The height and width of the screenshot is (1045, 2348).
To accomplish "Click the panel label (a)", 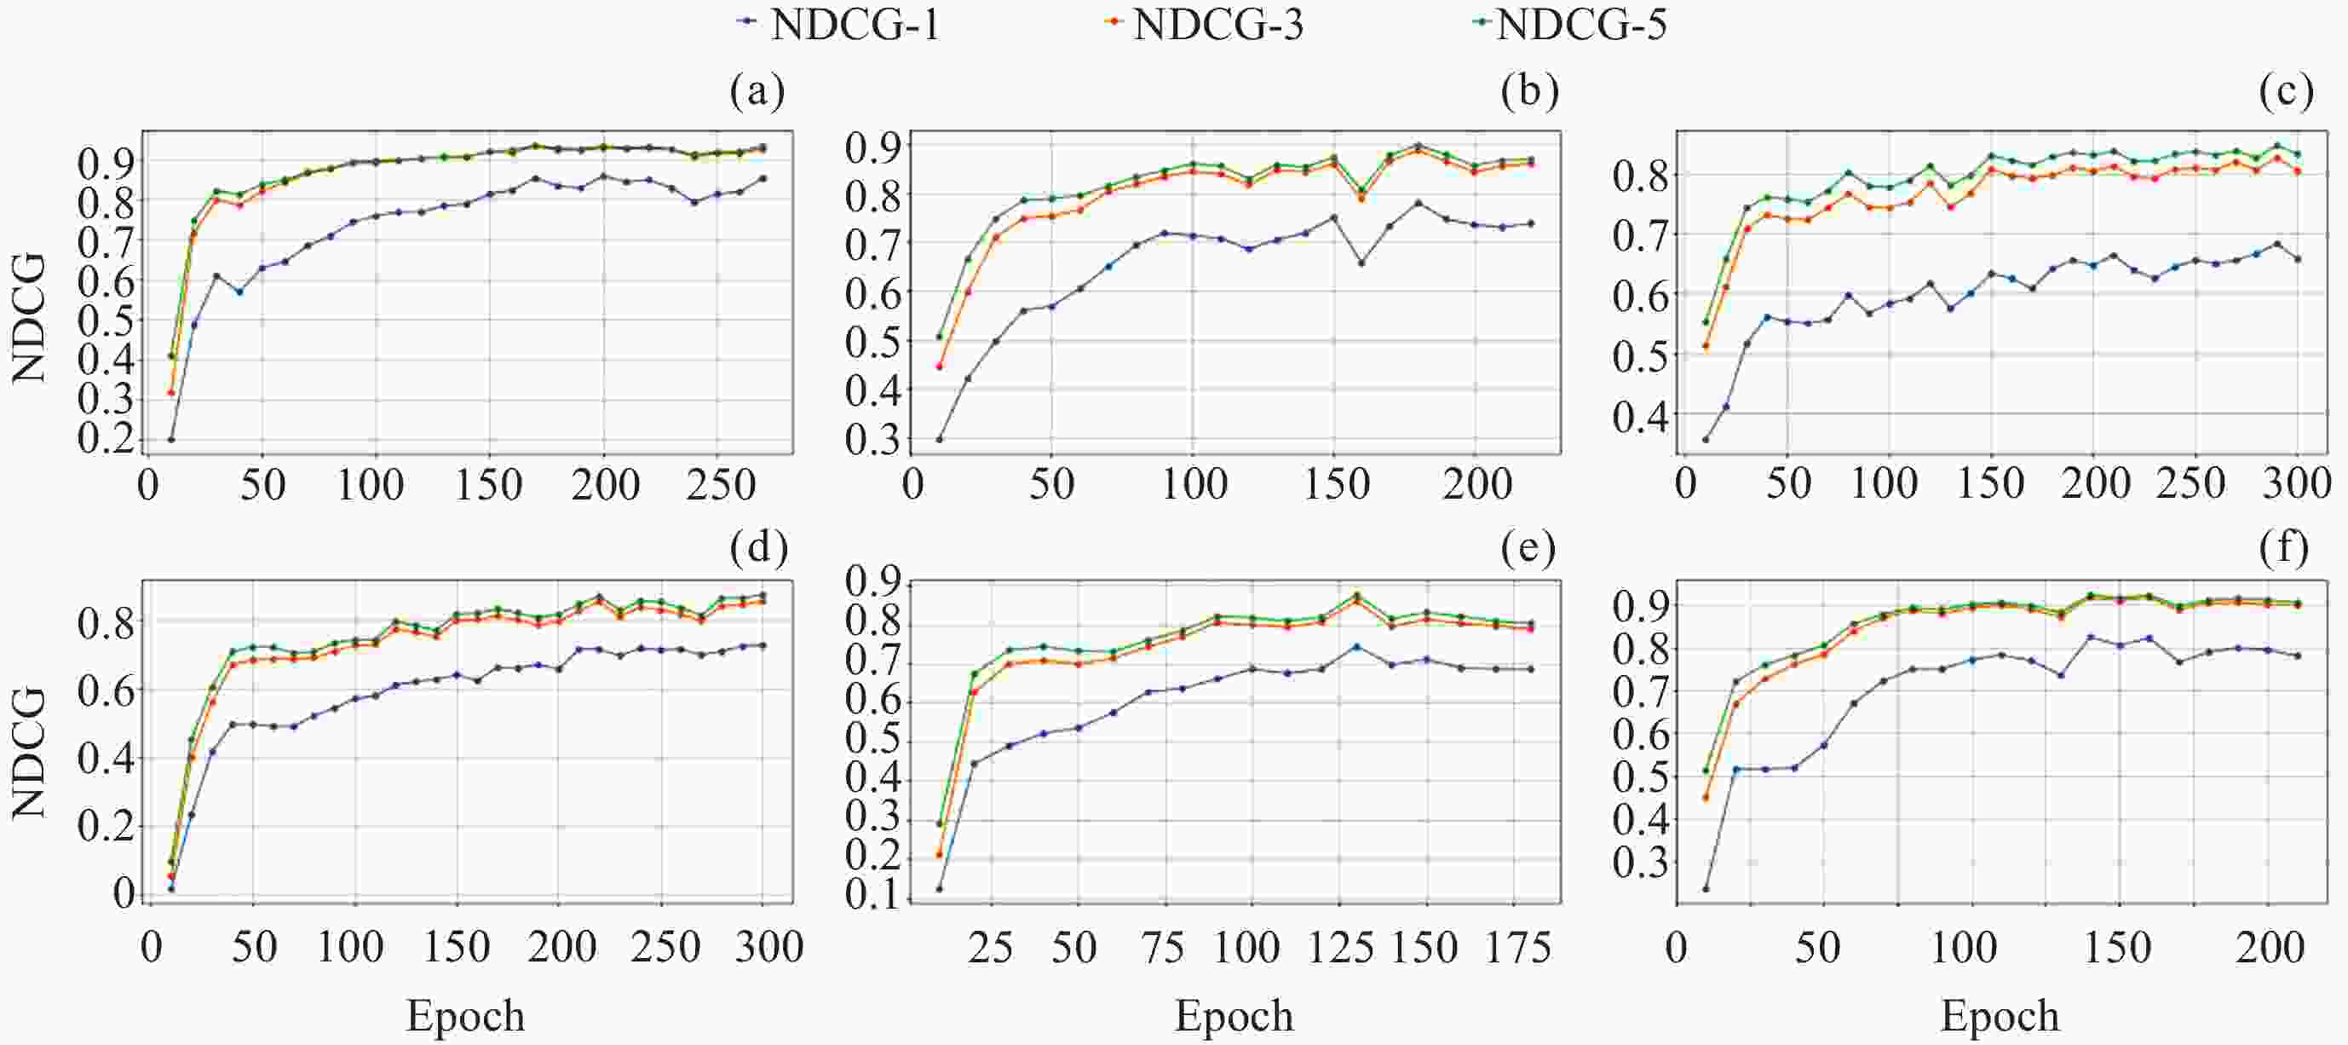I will pyautogui.click(x=757, y=92).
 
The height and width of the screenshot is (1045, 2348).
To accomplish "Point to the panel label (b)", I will pyautogui.click(x=1528, y=92).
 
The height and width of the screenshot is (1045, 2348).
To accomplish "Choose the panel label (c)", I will pyautogui.click(x=2286, y=92).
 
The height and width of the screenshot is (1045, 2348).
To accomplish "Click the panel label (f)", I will pyautogui.click(x=2284, y=547).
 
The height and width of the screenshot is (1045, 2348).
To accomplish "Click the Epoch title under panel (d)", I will pyautogui.click(x=465, y=1016).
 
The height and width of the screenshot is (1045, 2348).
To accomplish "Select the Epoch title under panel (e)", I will pyautogui.click(x=1234, y=1016).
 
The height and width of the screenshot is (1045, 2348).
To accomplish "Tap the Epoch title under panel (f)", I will pyautogui.click(x=2000, y=1016).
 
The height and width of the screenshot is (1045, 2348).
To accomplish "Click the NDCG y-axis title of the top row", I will pyautogui.click(x=29, y=317).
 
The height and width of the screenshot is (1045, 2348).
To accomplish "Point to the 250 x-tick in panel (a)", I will pyautogui.click(x=720, y=484).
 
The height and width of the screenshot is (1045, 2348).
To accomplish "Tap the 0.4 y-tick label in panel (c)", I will pyautogui.click(x=1638, y=416).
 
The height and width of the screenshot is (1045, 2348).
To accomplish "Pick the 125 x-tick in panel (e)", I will pyautogui.click(x=1340, y=948).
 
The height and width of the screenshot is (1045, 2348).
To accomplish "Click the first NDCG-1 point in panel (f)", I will pyautogui.click(x=1706, y=888).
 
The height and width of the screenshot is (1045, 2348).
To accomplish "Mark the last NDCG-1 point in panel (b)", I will pyautogui.click(x=1531, y=223).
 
